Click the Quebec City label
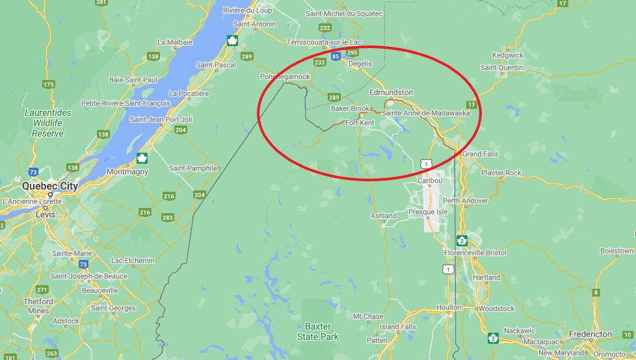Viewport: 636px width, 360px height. click(50, 185)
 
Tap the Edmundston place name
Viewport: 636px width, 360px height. click(391, 92)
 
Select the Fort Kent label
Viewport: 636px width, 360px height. click(360, 123)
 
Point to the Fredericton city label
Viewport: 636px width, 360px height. click(590, 334)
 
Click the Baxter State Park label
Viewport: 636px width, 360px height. click(318, 331)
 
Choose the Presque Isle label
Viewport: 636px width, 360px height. click(428, 212)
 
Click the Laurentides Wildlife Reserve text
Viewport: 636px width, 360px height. click(48, 123)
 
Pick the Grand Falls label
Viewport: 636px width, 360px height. click(481, 154)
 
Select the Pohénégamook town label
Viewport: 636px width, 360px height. click(285, 77)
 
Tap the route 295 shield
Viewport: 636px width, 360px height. click(353, 53)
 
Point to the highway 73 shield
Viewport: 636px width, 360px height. click(83, 264)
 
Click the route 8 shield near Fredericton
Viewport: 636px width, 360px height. click(596, 292)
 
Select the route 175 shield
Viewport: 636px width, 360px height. click(48, 84)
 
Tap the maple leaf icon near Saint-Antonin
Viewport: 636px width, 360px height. click(231, 41)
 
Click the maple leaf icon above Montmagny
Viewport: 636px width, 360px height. click(142, 158)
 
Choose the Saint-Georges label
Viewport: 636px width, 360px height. click(113, 308)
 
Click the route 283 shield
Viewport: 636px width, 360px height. click(168, 217)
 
